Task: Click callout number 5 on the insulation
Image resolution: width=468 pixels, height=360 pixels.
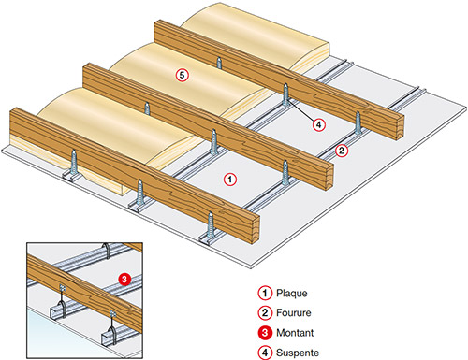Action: [182, 76]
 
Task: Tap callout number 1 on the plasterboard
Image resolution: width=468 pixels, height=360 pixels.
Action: [230, 180]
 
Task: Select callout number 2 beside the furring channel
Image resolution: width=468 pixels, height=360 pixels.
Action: [342, 151]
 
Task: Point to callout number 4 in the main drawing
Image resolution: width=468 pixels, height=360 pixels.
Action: [318, 125]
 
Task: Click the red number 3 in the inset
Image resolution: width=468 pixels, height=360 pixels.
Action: [124, 279]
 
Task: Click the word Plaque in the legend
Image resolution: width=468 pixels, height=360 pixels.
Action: [292, 294]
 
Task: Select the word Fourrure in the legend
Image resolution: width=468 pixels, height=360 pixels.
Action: [294, 312]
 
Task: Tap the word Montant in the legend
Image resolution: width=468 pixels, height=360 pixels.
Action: [295, 333]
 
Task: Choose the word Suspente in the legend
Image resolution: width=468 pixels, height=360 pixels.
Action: [298, 353]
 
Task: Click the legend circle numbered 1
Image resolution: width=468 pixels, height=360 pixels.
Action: [265, 293]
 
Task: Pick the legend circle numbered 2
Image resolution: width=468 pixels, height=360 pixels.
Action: [265, 312]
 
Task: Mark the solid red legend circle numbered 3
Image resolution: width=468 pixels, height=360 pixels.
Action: [265, 333]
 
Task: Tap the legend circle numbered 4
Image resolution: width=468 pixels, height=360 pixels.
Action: [265, 353]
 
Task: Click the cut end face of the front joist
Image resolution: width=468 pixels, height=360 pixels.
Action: [255, 229]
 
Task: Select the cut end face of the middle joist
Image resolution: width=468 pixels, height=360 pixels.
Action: [329, 177]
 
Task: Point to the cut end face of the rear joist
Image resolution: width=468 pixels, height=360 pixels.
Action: [400, 128]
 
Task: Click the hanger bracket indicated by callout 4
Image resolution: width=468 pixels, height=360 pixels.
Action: [285, 94]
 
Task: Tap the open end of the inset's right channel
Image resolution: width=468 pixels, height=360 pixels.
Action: [108, 339]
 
